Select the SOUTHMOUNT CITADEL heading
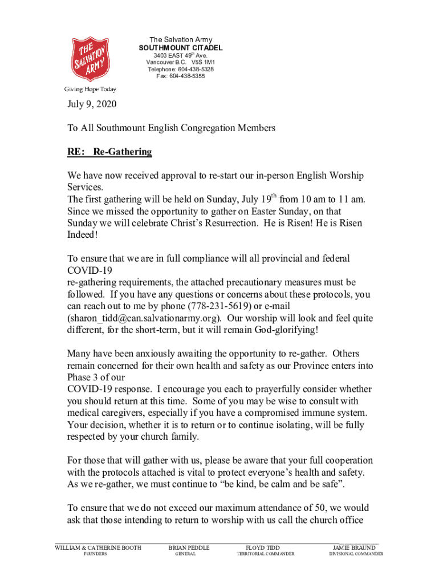click(x=181, y=47)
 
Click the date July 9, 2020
click(x=92, y=105)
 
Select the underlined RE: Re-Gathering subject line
click(x=109, y=152)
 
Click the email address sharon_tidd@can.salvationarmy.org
click(x=144, y=318)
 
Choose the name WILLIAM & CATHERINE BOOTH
click(x=98, y=548)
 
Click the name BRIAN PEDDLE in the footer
click(x=189, y=548)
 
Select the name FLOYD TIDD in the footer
click(x=262, y=548)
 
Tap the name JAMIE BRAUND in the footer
click(x=354, y=548)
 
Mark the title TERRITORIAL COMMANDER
click(x=266, y=554)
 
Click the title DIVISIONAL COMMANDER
click(x=356, y=554)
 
